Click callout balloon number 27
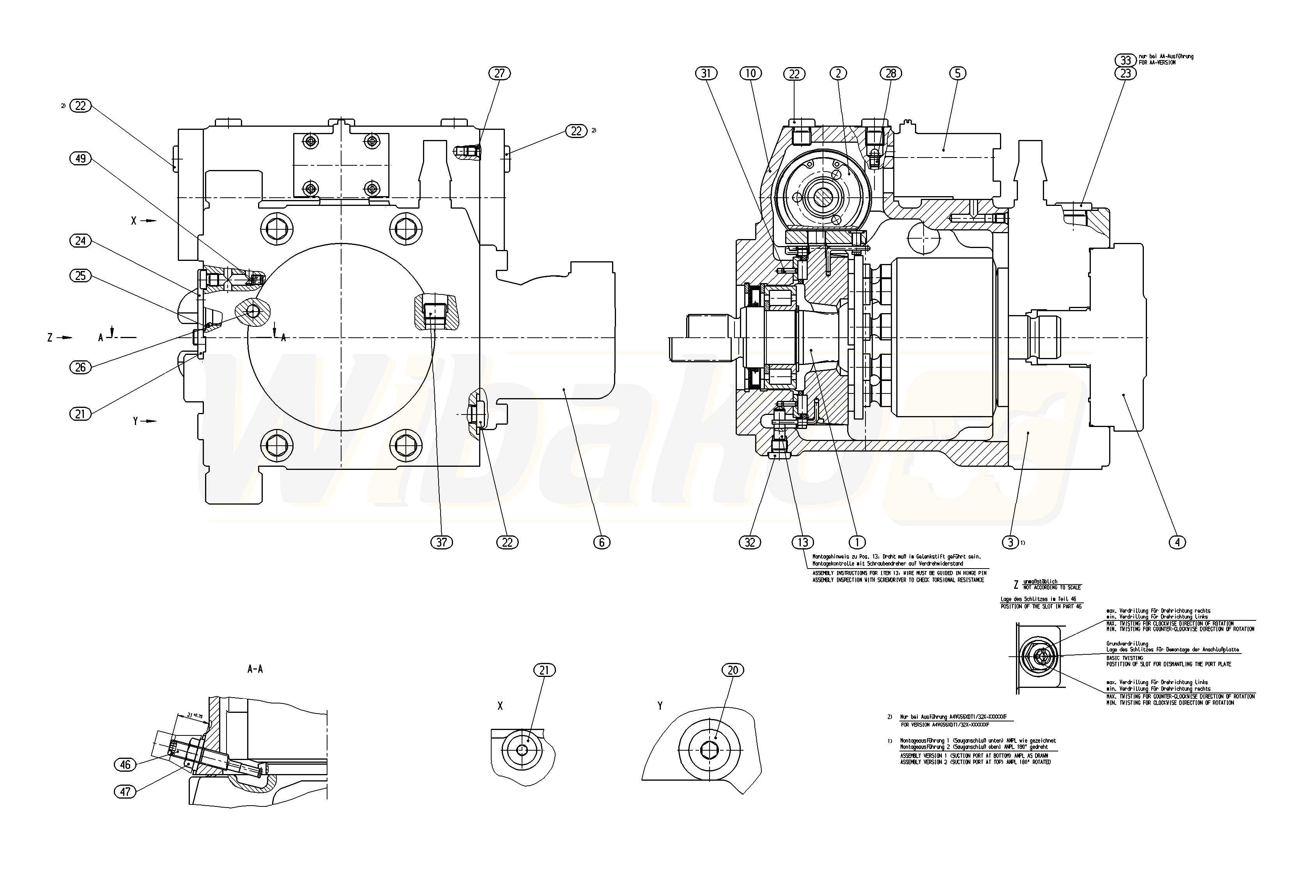(499, 73)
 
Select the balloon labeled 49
(81, 158)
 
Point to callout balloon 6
(602, 542)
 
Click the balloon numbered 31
(706, 73)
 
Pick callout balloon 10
(750, 73)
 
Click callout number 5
(957, 73)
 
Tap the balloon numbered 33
(1125, 60)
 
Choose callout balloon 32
(750, 542)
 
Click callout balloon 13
(802, 542)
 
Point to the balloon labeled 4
(1177, 542)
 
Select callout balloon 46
(125, 765)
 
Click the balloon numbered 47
(125, 791)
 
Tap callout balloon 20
(733, 670)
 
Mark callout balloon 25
(81, 276)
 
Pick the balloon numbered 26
(81, 367)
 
